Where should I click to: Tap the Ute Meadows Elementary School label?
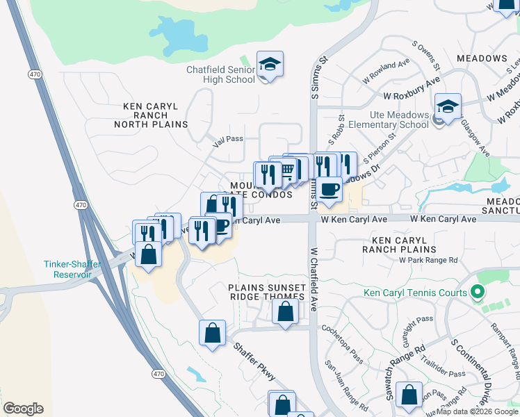(389, 120)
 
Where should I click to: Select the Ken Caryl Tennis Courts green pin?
(477, 292)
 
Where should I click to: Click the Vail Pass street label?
(227, 138)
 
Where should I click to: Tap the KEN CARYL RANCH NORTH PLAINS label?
(155, 115)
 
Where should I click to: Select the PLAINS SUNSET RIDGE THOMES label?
(267, 292)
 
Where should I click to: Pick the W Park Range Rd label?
(428, 260)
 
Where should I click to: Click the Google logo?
(23, 409)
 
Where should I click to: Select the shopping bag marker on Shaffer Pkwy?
(212, 333)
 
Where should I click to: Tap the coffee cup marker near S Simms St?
(329, 188)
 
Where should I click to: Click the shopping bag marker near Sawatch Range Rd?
(409, 394)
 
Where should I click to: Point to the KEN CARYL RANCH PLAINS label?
(399, 244)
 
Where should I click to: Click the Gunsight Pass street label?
(414, 334)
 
